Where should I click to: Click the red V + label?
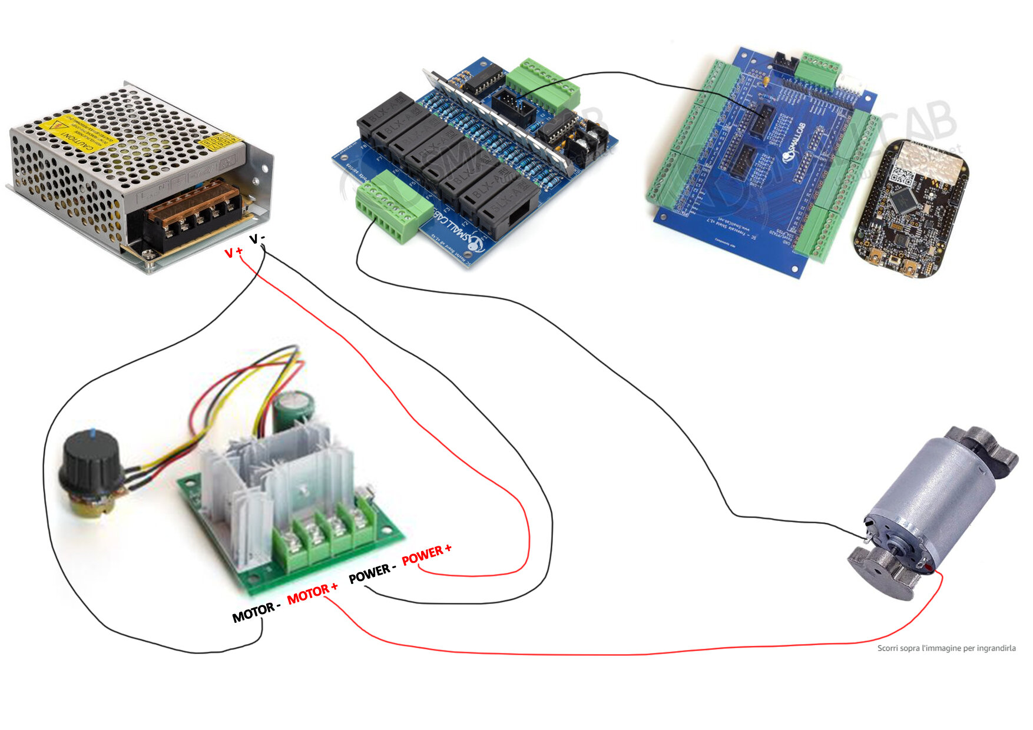coord(233,253)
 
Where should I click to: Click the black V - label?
coord(257,238)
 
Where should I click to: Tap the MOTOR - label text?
coord(255,612)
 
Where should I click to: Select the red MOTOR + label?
coord(312,593)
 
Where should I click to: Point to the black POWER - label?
coord(372,573)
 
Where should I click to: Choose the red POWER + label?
coord(426,555)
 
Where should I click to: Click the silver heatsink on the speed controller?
coord(277,471)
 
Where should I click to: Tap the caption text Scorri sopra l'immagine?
coord(946,648)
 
